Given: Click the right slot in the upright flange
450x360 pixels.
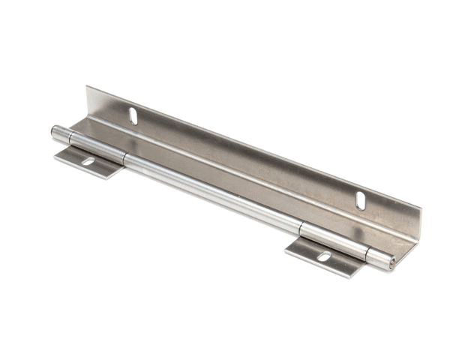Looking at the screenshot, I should [x=361, y=200].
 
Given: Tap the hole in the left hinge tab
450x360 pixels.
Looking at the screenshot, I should [x=88, y=161].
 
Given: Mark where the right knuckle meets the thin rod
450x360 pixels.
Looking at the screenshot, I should [x=301, y=228].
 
